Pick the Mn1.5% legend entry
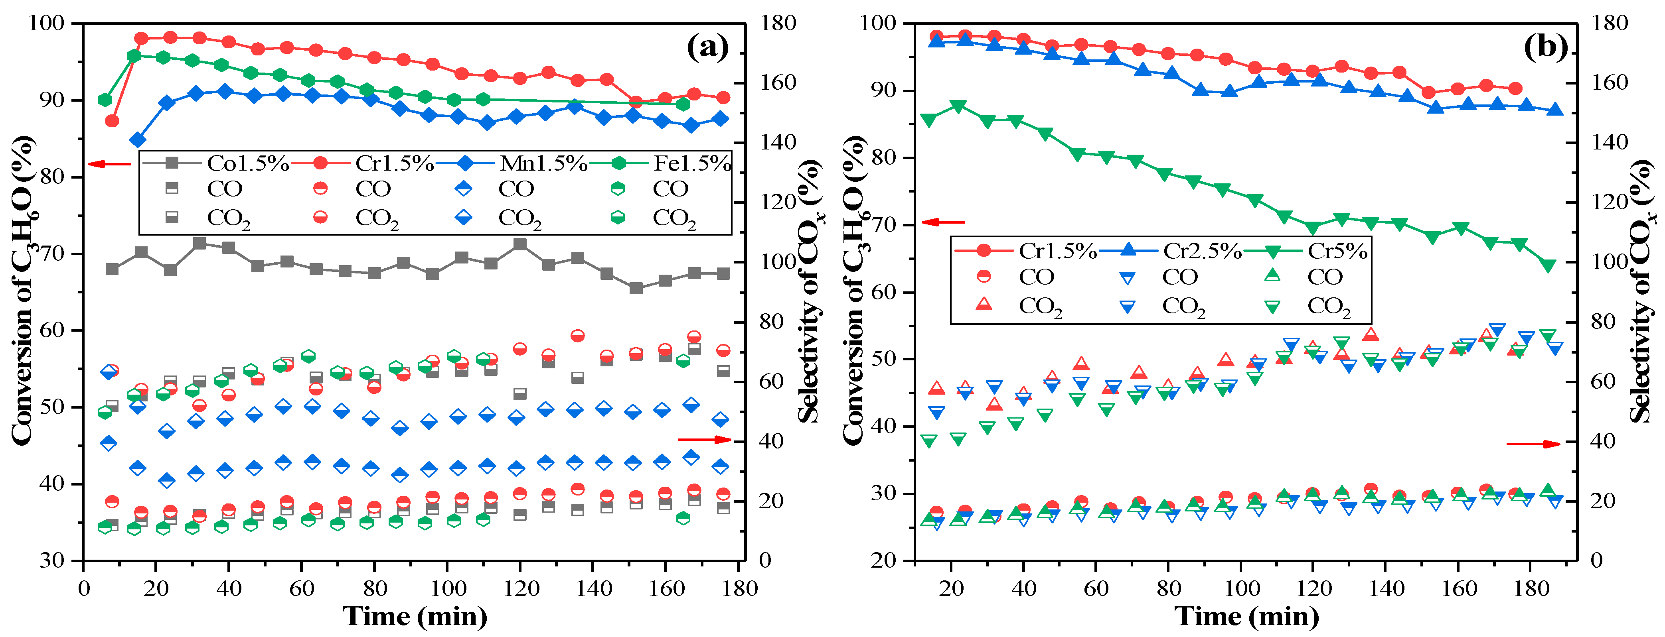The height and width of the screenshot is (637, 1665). (x=543, y=163)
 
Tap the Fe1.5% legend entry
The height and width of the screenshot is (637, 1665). (x=691, y=163)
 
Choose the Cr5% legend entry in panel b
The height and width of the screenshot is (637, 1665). (x=1337, y=251)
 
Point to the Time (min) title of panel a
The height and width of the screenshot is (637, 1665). (x=415, y=616)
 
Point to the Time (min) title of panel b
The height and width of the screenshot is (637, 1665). (x=1246, y=616)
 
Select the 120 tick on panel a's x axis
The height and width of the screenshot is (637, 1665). (x=521, y=588)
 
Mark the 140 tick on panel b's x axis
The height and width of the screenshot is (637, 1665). (x=1388, y=588)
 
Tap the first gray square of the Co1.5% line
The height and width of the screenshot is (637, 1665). (x=112, y=269)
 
